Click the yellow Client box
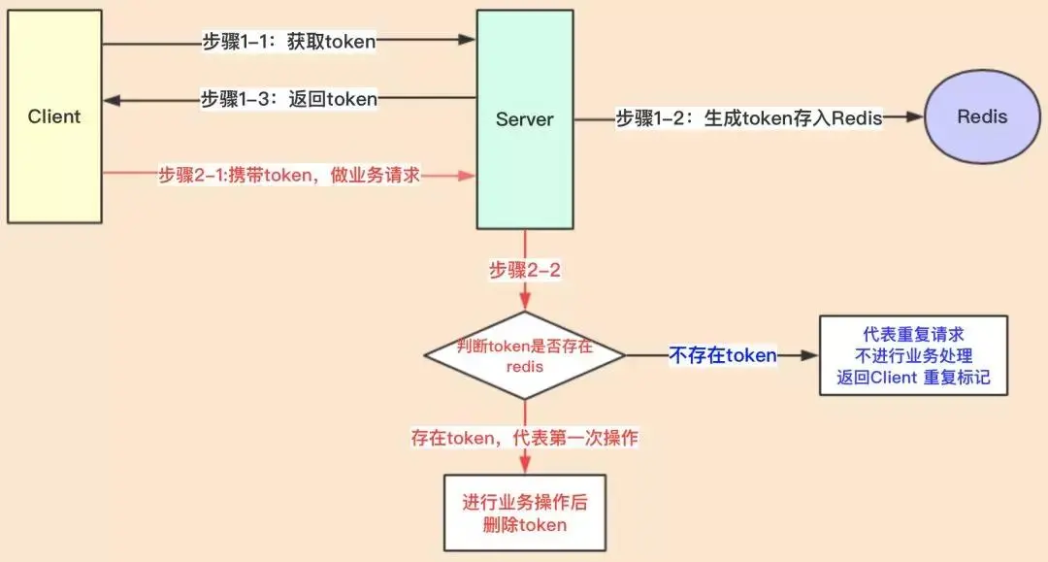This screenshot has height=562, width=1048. [x=53, y=116]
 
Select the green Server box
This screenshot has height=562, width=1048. [x=524, y=119]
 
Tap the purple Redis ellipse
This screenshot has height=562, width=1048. [x=982, y=117]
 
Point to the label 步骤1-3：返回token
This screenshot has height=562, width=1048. [x=288, y=98]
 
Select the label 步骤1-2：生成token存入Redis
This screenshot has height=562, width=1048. [x=749, y=118]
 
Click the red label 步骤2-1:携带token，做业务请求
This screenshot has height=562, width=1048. [x=288, y=176]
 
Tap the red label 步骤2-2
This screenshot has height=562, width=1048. [x=525, y=271]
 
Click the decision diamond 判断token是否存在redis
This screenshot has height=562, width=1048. [x=525, y=355]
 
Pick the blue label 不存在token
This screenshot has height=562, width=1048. [x=723, y=355]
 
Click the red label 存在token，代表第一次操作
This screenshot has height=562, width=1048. [x=525, y=438]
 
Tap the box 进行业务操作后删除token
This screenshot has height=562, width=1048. [x=524, y=512]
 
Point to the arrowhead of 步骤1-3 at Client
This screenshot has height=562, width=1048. [x=111, y=99]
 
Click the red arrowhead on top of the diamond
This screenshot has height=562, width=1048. [x=525, y=304]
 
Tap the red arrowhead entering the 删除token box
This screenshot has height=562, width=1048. [x=525, y=467]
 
